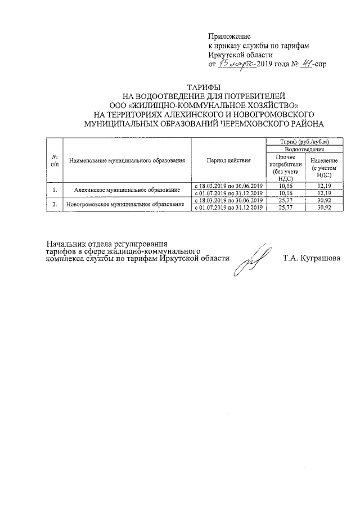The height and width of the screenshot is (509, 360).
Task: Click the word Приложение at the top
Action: [x=229, y=36]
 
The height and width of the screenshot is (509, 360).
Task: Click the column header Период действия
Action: [x=228, y=161]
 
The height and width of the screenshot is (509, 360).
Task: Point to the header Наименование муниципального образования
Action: [x=127, y=161]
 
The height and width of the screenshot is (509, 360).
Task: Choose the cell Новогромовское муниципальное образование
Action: [x=127, y=204]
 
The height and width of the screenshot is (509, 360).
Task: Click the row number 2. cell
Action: [x=55, y=204]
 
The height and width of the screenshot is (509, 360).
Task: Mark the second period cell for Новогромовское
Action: [x=228, y=208]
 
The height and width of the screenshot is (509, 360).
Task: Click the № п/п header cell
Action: [x=55, y=161]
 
